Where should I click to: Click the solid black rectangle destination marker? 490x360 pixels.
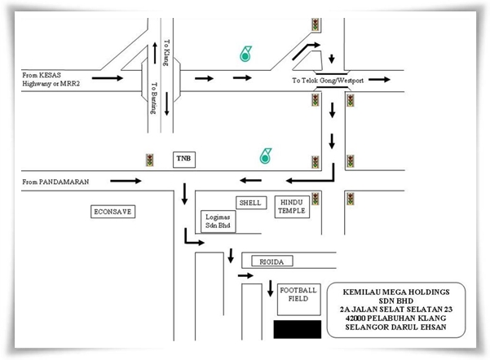pyautogui.click(x=298, y=329)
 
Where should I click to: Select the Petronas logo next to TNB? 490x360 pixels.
pyautogui.click(x=265, y=156)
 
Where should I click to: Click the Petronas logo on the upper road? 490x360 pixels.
pyautogui.click(x=245, y=54)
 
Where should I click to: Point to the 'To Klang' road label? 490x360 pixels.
pyautogui.click(x=166, y=52)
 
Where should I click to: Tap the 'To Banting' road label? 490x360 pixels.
pyautogui.click(x=154, y=98)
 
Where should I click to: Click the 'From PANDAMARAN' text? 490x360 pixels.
pyautogui.click(x=55, y=182)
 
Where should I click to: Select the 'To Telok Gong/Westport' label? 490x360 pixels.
pyautogui.click(x=328, y=81)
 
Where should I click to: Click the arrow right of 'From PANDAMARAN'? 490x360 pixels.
pyautogui.click(x=126, y=181)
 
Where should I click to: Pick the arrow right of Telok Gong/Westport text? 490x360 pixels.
pyautogui.click(x=379, y=80)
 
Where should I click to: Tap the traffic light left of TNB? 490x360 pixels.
pyautogui.click(x=150, y=160)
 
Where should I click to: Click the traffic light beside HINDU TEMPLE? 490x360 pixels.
pyautogui.click(x=316, y=199)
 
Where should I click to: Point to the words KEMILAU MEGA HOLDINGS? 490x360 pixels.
pyautogui.click(x=396, y=292)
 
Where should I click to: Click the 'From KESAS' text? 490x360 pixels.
pyautogui.click(x=42, y=75)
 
